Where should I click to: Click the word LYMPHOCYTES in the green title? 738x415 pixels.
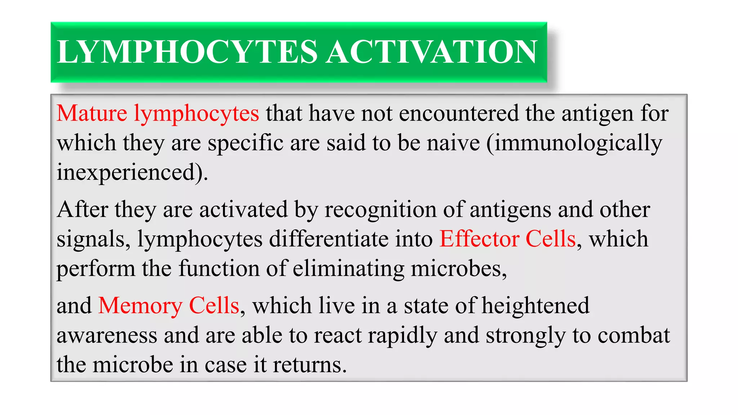187,52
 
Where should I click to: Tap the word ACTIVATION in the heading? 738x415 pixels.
431,52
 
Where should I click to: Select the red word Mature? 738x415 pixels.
92,113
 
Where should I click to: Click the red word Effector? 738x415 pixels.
479,239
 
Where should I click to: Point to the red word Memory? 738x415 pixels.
140,305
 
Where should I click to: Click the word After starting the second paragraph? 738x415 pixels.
82,209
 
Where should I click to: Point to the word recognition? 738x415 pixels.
380,210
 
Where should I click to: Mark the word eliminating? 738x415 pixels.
348,269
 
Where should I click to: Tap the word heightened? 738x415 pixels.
535,306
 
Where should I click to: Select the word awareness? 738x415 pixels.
107,335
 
